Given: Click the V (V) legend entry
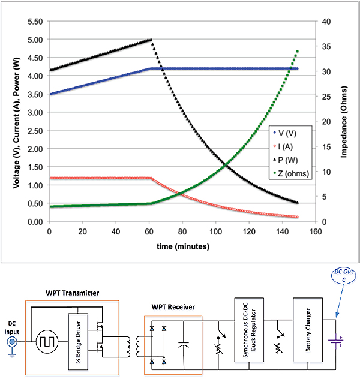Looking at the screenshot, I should (293, 133).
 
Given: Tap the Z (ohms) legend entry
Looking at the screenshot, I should (296, 175).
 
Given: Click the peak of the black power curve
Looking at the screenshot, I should (151, 40).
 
